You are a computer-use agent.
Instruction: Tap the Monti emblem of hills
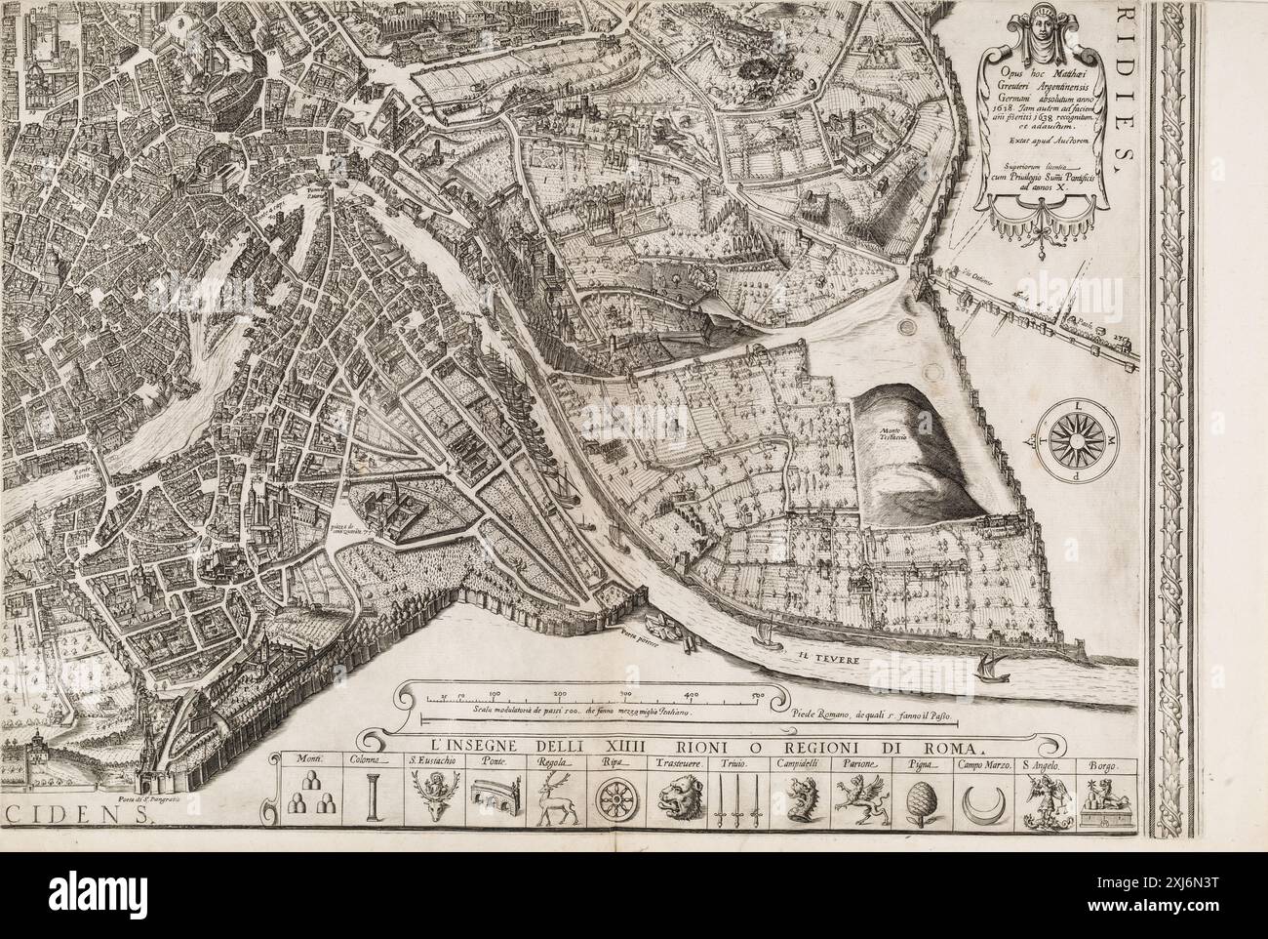(308, 802)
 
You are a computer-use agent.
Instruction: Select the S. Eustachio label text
(427, 761)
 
